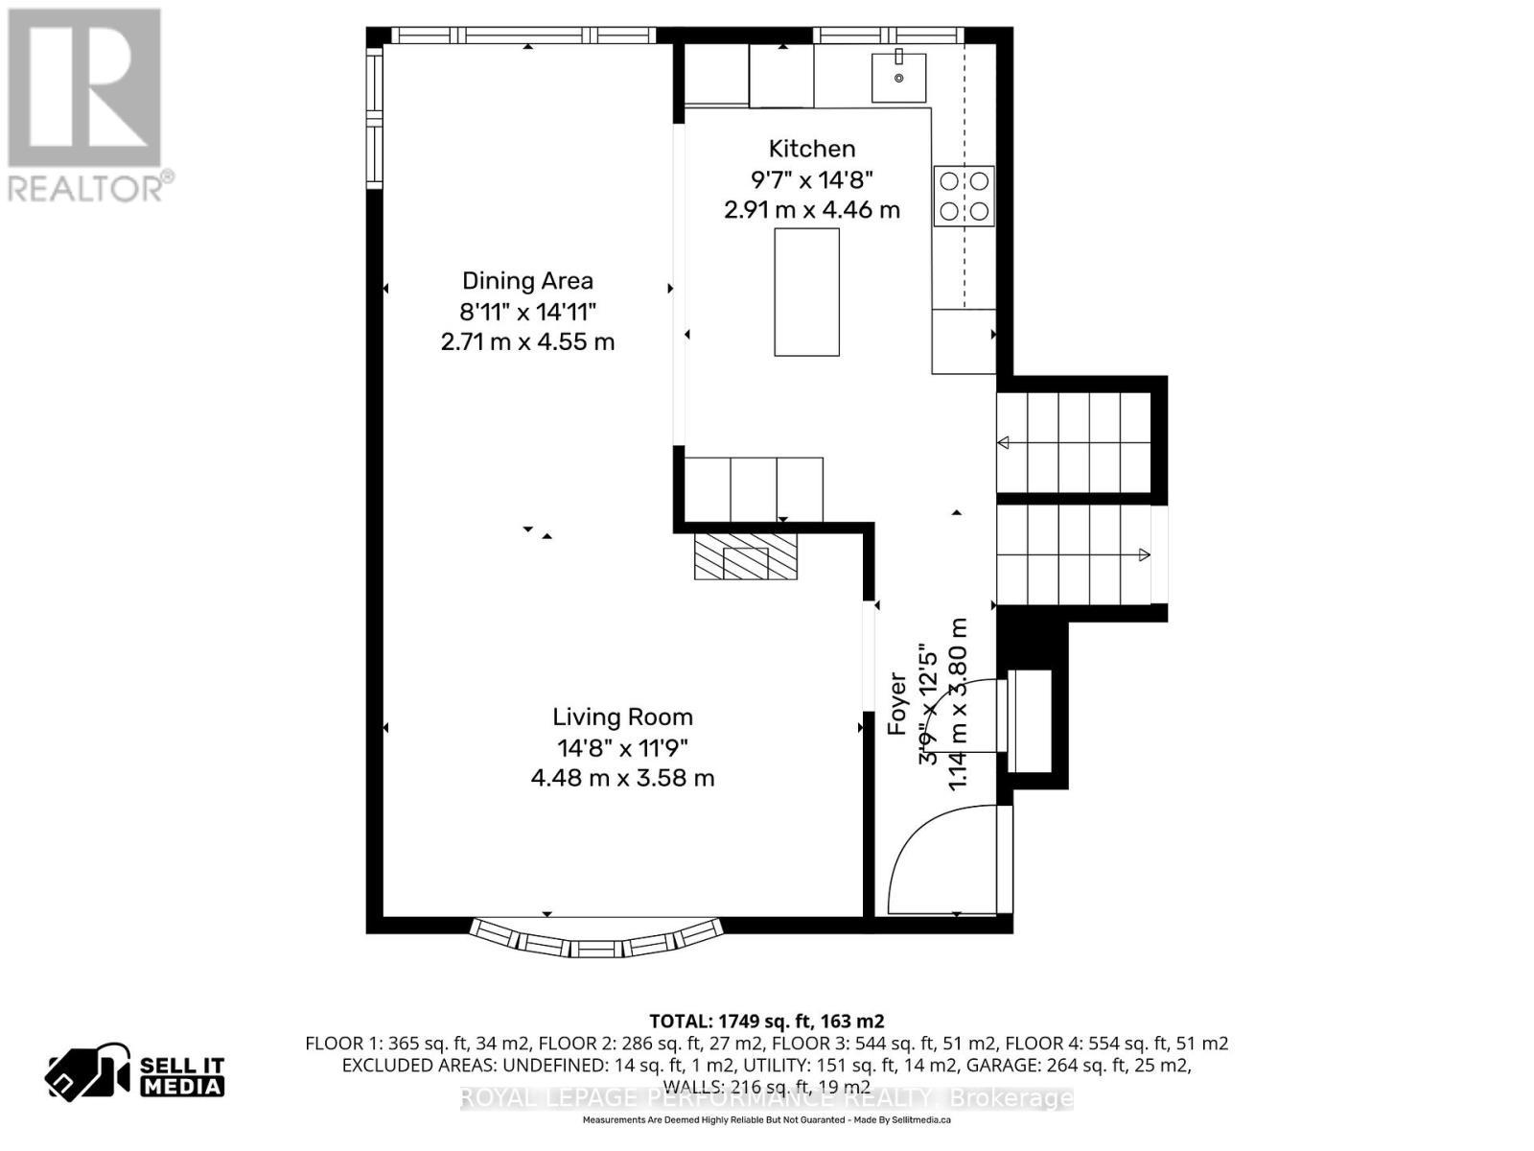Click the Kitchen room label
click(811, 149)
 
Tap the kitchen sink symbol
click(899, 77)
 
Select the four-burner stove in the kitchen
click(964, 196)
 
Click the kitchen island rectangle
click(806, 292)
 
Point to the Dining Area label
click(527, 281)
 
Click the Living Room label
click(622, 716)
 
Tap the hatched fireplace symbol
click(746, 557)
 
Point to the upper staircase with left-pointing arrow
click(1074, 442)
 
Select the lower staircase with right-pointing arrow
click(1074, 554)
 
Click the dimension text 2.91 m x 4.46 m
click(811, 210)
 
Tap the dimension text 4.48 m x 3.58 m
click(622, 778)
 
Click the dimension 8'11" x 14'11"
click(527, 312)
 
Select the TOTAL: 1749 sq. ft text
click(766, 1021)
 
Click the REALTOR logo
click(86, 106)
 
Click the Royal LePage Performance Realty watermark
click(766, 1098)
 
